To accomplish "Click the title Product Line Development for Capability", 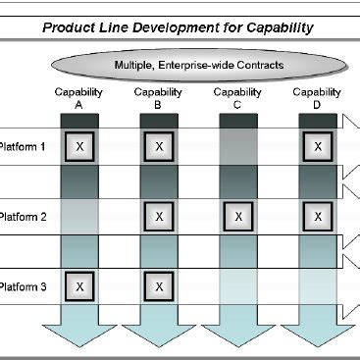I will point(178,27).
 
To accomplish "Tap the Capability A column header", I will point(79,98).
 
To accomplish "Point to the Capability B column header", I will point(159,98).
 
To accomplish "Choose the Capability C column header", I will point(238,98).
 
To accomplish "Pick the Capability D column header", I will point(317,98).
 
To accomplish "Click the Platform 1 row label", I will point(22,146).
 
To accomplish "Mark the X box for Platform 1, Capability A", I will point(80,146).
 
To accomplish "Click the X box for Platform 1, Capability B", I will point(160,146).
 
